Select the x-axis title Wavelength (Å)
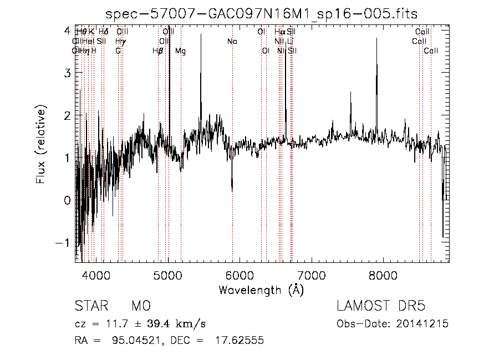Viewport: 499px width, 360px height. click(261, 290)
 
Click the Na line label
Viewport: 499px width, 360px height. click(232, 41)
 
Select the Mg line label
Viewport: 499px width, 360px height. click(181, 51)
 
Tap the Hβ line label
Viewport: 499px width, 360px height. click(158, 51)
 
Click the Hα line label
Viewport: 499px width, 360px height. click(279, 32)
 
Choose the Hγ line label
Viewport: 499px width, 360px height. click(120, 41)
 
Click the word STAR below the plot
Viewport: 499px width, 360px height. click(90, 306)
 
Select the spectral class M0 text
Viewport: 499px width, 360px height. click(141, 306)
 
